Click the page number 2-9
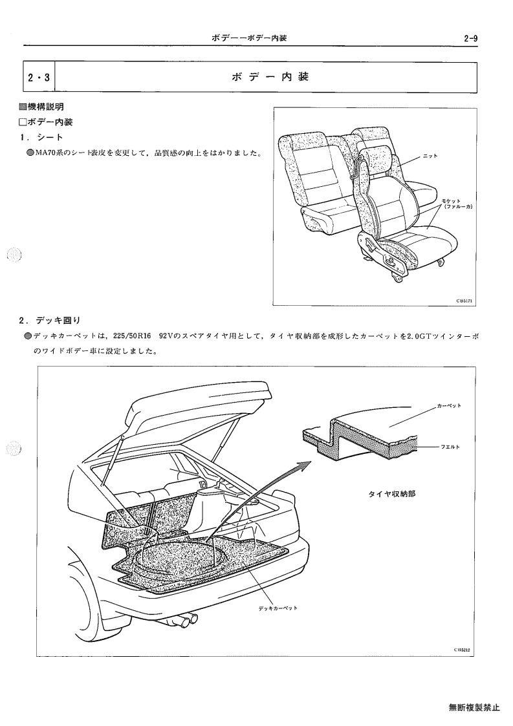tap(470, 38)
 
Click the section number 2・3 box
tap(39, 78)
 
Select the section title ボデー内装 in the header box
tap(270, 77)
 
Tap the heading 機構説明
tap(45, 107)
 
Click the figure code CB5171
tap(463, 301)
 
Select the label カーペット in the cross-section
tap(449, 406)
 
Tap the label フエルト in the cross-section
tap(449, 447)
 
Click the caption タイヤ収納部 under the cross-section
tap(392, 493)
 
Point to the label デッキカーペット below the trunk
tap(278, 608)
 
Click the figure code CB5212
tap(463, 650)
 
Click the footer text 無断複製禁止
tap(474, 707)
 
